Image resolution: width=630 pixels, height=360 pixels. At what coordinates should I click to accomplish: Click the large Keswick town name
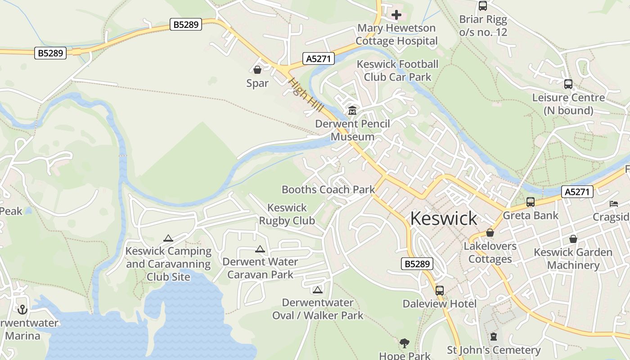[x=444, y=218]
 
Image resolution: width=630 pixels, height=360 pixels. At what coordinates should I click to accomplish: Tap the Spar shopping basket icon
[x=257, y=70]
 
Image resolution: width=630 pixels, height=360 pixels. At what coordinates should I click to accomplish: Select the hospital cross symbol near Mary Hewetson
[x=396, y=15]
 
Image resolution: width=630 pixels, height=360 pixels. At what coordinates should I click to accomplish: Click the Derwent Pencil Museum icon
[x=352, y=110]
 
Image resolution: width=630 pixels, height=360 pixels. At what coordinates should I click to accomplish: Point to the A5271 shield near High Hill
[x=319, y=58]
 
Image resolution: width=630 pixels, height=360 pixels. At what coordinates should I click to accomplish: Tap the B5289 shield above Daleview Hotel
[x=417, y=264]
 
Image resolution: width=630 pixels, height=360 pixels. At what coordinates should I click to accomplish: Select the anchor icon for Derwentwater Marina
[x=22, y=310]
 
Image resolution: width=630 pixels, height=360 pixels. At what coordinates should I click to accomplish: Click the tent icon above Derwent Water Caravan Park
[x=260, y=249]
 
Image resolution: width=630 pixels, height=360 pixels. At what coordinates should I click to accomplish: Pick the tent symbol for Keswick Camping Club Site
[x=168, y=238]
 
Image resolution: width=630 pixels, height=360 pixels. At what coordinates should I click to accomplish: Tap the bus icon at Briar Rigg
[x=483, y=6]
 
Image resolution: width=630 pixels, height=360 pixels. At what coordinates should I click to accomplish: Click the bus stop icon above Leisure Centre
[x=568, y=84]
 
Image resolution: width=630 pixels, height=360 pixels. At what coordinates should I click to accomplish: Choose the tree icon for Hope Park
[x=405, y=343]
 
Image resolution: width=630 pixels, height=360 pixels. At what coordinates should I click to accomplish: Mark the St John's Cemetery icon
[x=494, y=337]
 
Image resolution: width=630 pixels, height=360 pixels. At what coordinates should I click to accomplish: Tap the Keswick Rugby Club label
[x=287, y=214]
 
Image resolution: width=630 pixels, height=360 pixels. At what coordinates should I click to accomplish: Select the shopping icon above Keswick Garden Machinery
[x=573, y=239]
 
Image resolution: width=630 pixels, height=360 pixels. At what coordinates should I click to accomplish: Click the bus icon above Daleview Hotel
[x=440, y=291]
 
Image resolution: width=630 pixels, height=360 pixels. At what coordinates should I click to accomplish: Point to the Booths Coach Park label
[x=328, y=189]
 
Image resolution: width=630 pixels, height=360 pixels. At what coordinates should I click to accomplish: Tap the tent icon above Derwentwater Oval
[x=318, y=290]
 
